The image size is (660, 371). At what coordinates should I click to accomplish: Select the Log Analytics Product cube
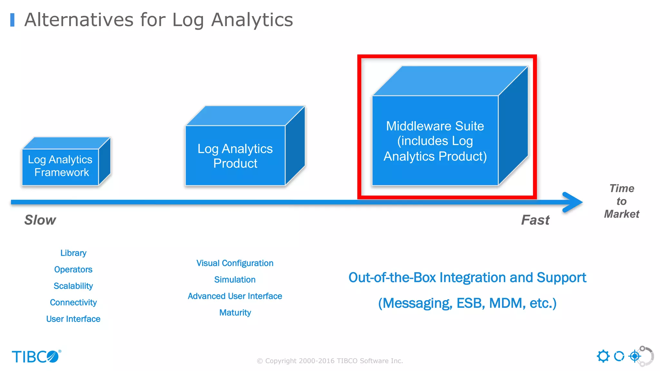pyautogui.click(x=235, y=156)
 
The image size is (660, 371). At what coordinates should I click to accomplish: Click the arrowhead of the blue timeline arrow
pyautogui.click(x=574, y=202)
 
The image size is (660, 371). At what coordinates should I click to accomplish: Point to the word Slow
pyautogui.click(x=40, y=220)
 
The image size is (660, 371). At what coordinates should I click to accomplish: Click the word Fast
pyautogui.click(x=535, y=220)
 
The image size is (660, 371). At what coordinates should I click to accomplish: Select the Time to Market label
pyautogui.click(x=621, y=201)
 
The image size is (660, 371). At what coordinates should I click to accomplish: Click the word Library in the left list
pyautogui.click(x=73, y=253)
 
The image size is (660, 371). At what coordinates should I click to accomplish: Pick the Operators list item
pyautogui.click(x=73, y=270)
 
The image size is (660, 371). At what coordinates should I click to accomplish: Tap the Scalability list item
pyautogui.click(x=73, y=286)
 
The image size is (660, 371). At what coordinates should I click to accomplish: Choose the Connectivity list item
pyautogui.click(x=73, y=302)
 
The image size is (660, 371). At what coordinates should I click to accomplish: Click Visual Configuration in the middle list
pyautogui.click(x=235, y=263)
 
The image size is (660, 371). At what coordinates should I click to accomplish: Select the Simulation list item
pyautogui.click(x=235, y=280)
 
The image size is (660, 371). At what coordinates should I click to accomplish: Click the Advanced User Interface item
pyautogui.click(x=235, y=296)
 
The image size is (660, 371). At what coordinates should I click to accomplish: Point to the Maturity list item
pyautogui.click(x=235, y=312)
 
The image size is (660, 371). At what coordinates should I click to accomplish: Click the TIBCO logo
pyautogui.click(x=36, y=357)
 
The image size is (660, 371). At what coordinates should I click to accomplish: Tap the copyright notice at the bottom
pyautogui.click(x=330, y=361)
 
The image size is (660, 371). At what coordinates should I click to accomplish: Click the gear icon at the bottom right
pyautogui.click(x=603, y=356)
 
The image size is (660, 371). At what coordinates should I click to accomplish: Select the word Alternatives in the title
pyautogui.click(x=79, y=20)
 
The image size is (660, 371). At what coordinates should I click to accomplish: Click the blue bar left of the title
pyautogui.click(x=12, y=20)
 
